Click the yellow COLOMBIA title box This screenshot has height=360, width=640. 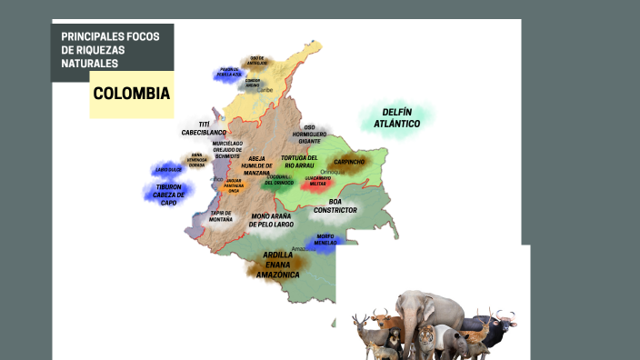132,95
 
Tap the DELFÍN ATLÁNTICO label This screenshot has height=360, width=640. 395,117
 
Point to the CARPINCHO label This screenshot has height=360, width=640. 349,162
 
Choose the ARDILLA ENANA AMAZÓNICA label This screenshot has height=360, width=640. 278,264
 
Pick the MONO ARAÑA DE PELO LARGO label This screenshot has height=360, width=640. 285,220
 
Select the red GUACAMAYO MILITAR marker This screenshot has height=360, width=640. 317,182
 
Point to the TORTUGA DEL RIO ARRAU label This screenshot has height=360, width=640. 301,161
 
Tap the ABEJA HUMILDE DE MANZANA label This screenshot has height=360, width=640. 256,165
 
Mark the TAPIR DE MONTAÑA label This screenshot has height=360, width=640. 221,216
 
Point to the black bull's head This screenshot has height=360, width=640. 498,320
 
